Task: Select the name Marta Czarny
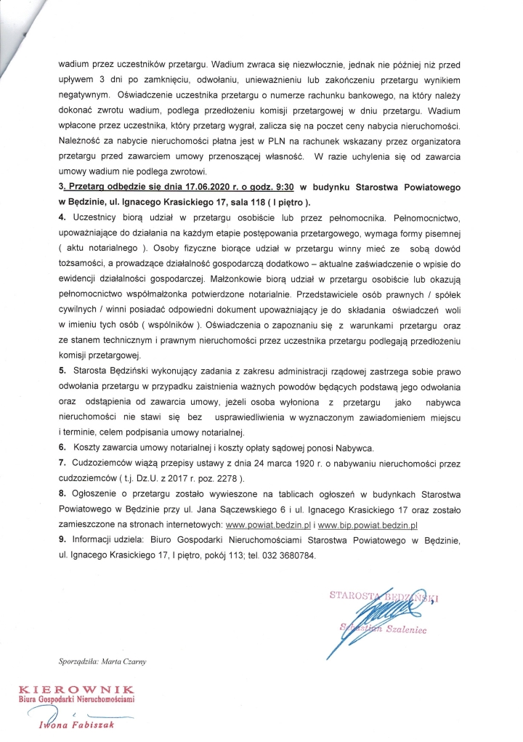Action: point(128,661)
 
